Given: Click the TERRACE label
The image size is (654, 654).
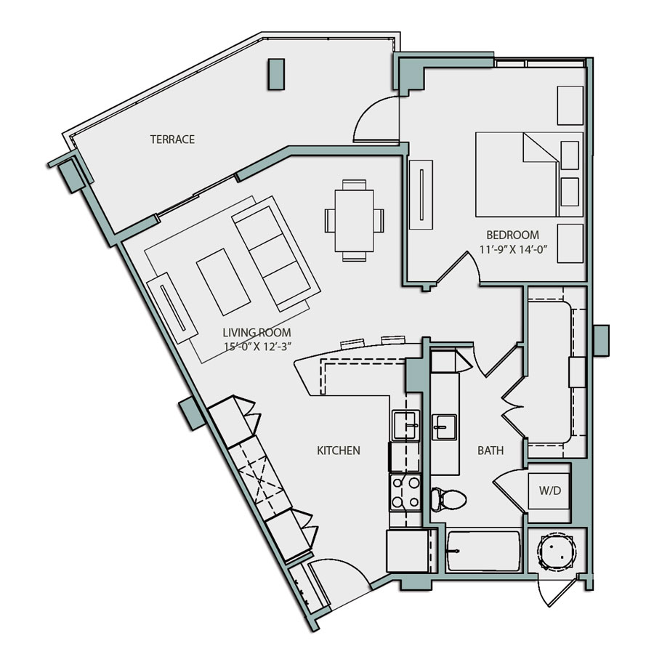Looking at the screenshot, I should pos(172,140).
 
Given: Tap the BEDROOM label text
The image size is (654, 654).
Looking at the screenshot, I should pos(512,235).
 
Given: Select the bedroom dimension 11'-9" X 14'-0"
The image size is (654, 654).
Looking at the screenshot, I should pos(512,249).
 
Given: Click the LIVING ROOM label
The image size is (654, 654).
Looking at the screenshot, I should pos(257,332).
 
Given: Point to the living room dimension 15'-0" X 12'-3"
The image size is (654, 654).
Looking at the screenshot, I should pos(257,347).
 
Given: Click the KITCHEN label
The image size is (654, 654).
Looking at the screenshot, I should pos(338,451).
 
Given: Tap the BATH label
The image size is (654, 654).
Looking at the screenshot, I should pos(490,451).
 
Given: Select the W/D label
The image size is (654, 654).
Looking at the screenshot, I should pos(550,490).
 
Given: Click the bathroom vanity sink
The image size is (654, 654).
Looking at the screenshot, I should pos(444,426).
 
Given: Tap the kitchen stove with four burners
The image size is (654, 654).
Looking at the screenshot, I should pos(405,493).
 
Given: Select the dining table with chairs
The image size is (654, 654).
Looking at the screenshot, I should pos(354,219).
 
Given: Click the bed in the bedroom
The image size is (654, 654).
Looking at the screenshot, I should pos(517,174).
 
